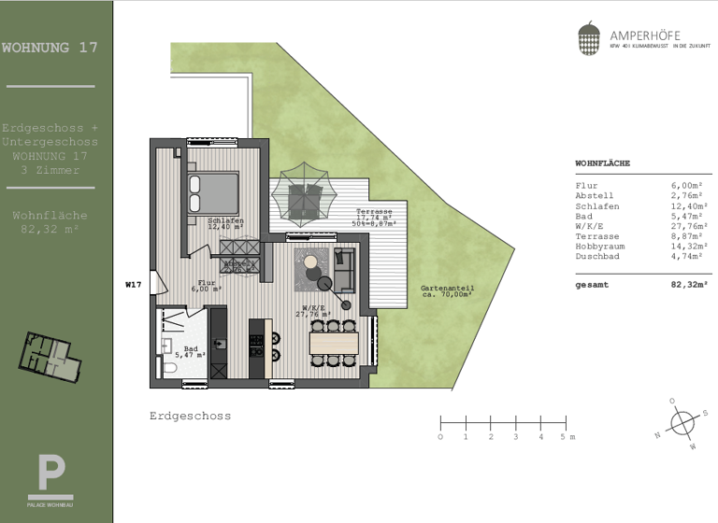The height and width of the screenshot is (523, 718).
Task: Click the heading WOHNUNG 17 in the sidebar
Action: [50, 47]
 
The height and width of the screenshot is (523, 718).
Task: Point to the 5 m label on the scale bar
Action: [567, 437]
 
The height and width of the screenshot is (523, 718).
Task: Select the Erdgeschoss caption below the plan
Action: [190, 416]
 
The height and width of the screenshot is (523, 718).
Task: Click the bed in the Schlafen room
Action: [213, 194]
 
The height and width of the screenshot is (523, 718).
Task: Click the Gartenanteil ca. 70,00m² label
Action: [446, 291]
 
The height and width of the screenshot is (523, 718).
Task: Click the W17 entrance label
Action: [133, 284]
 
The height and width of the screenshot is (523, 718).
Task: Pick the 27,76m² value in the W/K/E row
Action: [689, 225]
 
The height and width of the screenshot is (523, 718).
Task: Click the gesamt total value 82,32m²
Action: [689, 285]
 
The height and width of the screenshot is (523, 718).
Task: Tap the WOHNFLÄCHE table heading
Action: [602, 163]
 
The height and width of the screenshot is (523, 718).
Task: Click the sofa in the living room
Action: [343, 269]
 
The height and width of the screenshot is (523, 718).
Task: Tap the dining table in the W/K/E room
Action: [334, 342]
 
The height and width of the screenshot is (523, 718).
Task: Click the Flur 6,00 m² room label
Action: [208, 286]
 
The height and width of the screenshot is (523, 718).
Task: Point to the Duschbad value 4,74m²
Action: [691, 255]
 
